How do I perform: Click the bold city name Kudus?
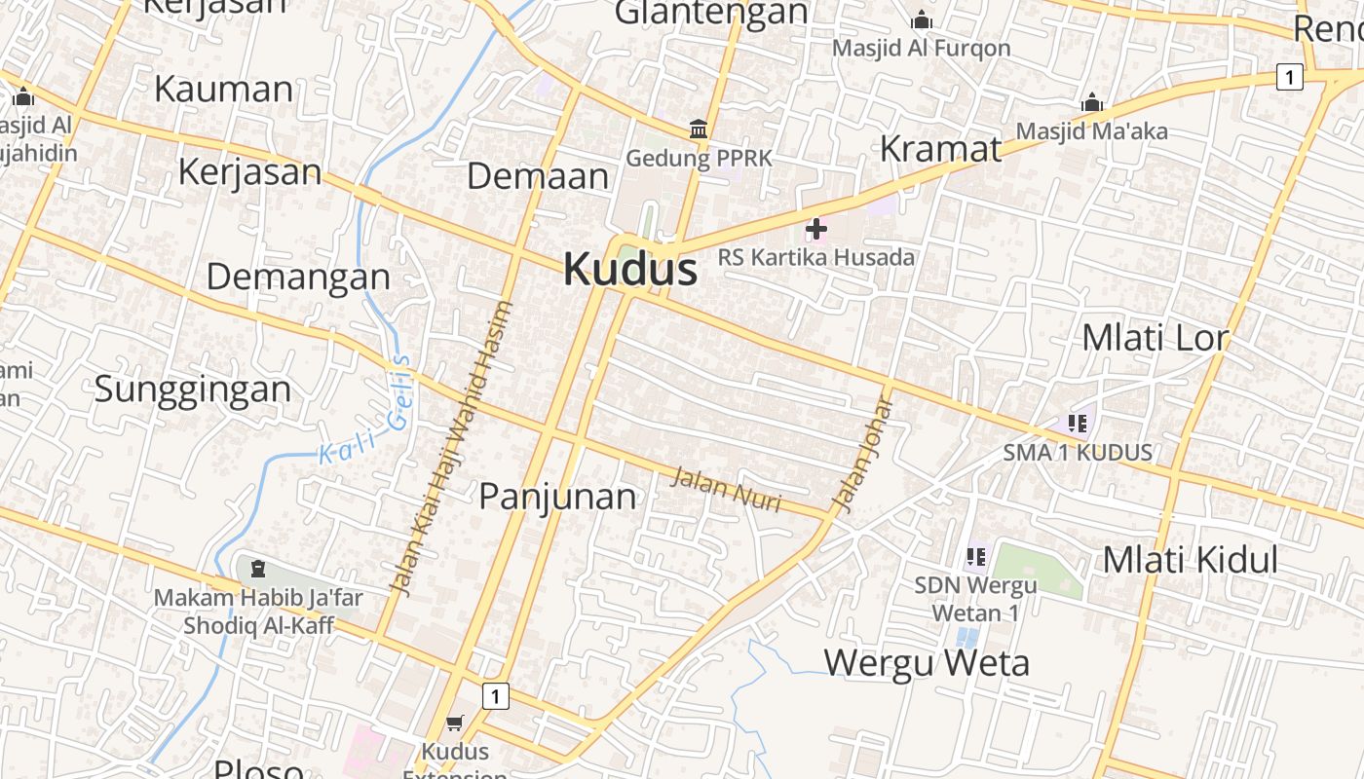click(x=630, y=270)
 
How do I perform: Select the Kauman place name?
click(x=223, y=89)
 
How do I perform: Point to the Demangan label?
click(x=298, y=278)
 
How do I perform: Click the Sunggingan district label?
click(x=193, y=389)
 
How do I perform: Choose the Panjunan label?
click(x=557, y=497)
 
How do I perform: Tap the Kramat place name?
click(x=940, y=149)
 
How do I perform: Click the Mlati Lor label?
click(x=1156, y=338)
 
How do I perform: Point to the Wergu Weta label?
click(x=927, y=663)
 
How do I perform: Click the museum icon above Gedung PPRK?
click(x=699, y=129)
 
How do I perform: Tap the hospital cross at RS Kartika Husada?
click(x=816, y=229)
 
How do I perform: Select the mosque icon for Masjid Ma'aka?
click(x=1092, y=102)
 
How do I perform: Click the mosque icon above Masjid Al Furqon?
click(x=921, y=19)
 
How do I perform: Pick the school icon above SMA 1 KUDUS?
click(x=1077, y=423)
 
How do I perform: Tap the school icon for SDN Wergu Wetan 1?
click(x=975, y=557)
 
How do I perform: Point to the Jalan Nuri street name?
click(x=727, y=488)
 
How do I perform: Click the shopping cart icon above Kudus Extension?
click(x=454, y=723)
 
